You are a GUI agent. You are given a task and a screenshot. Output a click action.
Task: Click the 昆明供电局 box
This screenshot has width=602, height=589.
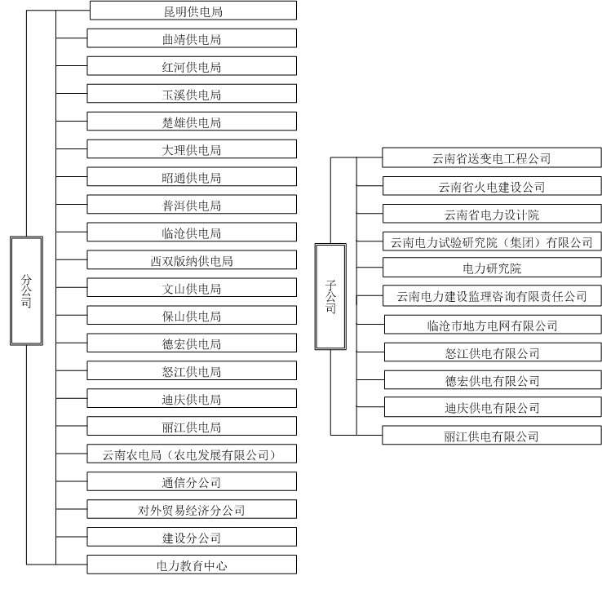[193, 11]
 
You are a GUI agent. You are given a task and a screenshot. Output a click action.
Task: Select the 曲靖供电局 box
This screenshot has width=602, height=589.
[192, 38]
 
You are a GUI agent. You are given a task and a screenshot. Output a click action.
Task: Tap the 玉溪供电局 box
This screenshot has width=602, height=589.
[192, 95]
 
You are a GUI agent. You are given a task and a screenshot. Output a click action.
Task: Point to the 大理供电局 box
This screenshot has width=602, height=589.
[192, 150]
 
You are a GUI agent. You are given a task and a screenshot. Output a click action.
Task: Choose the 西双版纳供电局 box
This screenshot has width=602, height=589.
[192, 261]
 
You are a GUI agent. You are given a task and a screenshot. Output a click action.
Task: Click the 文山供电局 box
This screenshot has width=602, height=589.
[192, 289]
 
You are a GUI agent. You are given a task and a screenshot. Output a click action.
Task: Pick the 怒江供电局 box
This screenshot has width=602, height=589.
[192, 372]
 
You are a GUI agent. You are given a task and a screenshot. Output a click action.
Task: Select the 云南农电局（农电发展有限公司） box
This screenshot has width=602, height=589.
[192, 454]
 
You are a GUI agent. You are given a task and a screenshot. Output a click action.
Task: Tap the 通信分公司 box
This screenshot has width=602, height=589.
[192, 482]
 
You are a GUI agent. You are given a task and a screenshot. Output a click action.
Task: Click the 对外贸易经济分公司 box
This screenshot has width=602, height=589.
[192, 511]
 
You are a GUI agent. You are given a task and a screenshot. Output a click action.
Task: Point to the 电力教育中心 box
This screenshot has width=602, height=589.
[192, 565]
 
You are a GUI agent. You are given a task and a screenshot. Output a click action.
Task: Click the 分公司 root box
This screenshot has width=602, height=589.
[26, 290]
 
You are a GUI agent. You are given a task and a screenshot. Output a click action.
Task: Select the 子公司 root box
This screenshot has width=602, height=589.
[330, 297]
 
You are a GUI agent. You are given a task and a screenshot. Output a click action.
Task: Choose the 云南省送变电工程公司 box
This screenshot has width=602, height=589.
[492, 158]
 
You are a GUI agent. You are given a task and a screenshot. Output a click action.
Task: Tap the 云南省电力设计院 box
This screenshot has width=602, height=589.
[492, 215]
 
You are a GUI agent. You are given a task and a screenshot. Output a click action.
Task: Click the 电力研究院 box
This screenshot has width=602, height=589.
[492, 268]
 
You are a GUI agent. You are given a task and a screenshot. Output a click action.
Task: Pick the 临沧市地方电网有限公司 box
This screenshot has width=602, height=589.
[492, 325]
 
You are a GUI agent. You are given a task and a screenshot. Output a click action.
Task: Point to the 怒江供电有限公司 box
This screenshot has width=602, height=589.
[492, 353]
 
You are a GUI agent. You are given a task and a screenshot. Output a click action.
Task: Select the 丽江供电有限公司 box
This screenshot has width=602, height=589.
[492, 436]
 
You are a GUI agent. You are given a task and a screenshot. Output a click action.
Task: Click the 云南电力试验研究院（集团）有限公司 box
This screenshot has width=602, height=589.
[492, 242]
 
